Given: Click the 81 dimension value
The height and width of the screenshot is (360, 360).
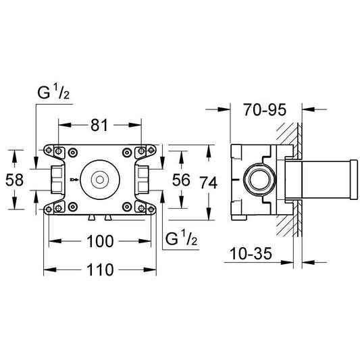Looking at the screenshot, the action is point(99,126).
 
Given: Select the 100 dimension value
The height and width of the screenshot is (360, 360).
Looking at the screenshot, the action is point(100,241).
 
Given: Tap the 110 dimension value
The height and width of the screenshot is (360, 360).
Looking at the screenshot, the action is point(100,269).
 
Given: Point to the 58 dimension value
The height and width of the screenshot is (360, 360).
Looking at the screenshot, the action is point(14,180).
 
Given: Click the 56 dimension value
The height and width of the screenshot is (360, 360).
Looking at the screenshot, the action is point(181,180).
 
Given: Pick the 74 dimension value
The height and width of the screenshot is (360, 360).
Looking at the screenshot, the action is point(209,182).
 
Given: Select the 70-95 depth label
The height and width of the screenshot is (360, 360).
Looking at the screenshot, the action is point(265,109).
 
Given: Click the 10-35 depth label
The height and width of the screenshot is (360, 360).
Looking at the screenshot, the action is point(251,253).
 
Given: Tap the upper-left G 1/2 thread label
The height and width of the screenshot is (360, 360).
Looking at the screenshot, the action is point(53,92).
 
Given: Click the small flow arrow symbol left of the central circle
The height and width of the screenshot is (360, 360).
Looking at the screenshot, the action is point(74,179).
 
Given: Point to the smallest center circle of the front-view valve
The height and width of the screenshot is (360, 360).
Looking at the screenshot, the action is point(100,180).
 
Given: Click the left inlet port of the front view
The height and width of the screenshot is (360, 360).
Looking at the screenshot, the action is point(57,180).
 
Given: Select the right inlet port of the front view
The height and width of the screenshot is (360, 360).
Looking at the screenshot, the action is point(143,180).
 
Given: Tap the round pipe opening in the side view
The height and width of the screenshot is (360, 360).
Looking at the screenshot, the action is point(259,180).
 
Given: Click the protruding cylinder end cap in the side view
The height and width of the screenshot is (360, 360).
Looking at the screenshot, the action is point(353,180).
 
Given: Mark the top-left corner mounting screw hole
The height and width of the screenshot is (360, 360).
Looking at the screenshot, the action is point(49,150).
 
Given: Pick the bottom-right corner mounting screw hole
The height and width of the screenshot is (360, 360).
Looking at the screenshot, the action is point(151,209).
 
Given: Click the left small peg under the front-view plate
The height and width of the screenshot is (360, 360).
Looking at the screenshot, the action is point(91,217).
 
